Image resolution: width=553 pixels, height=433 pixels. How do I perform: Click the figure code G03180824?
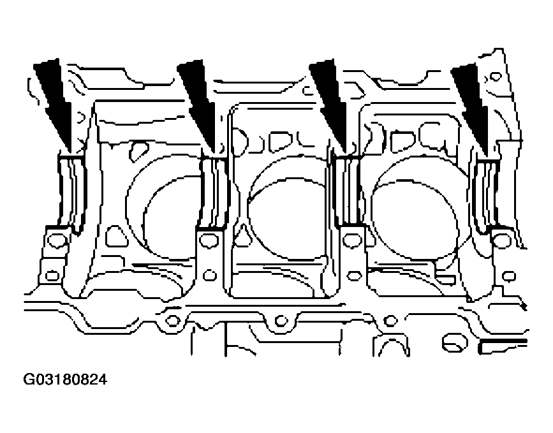click(65, 380)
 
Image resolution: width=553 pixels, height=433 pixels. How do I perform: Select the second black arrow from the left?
click(198, 106)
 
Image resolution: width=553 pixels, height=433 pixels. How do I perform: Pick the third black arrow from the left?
click(330, 106)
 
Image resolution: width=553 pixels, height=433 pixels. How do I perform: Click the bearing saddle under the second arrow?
click(214, 192)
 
